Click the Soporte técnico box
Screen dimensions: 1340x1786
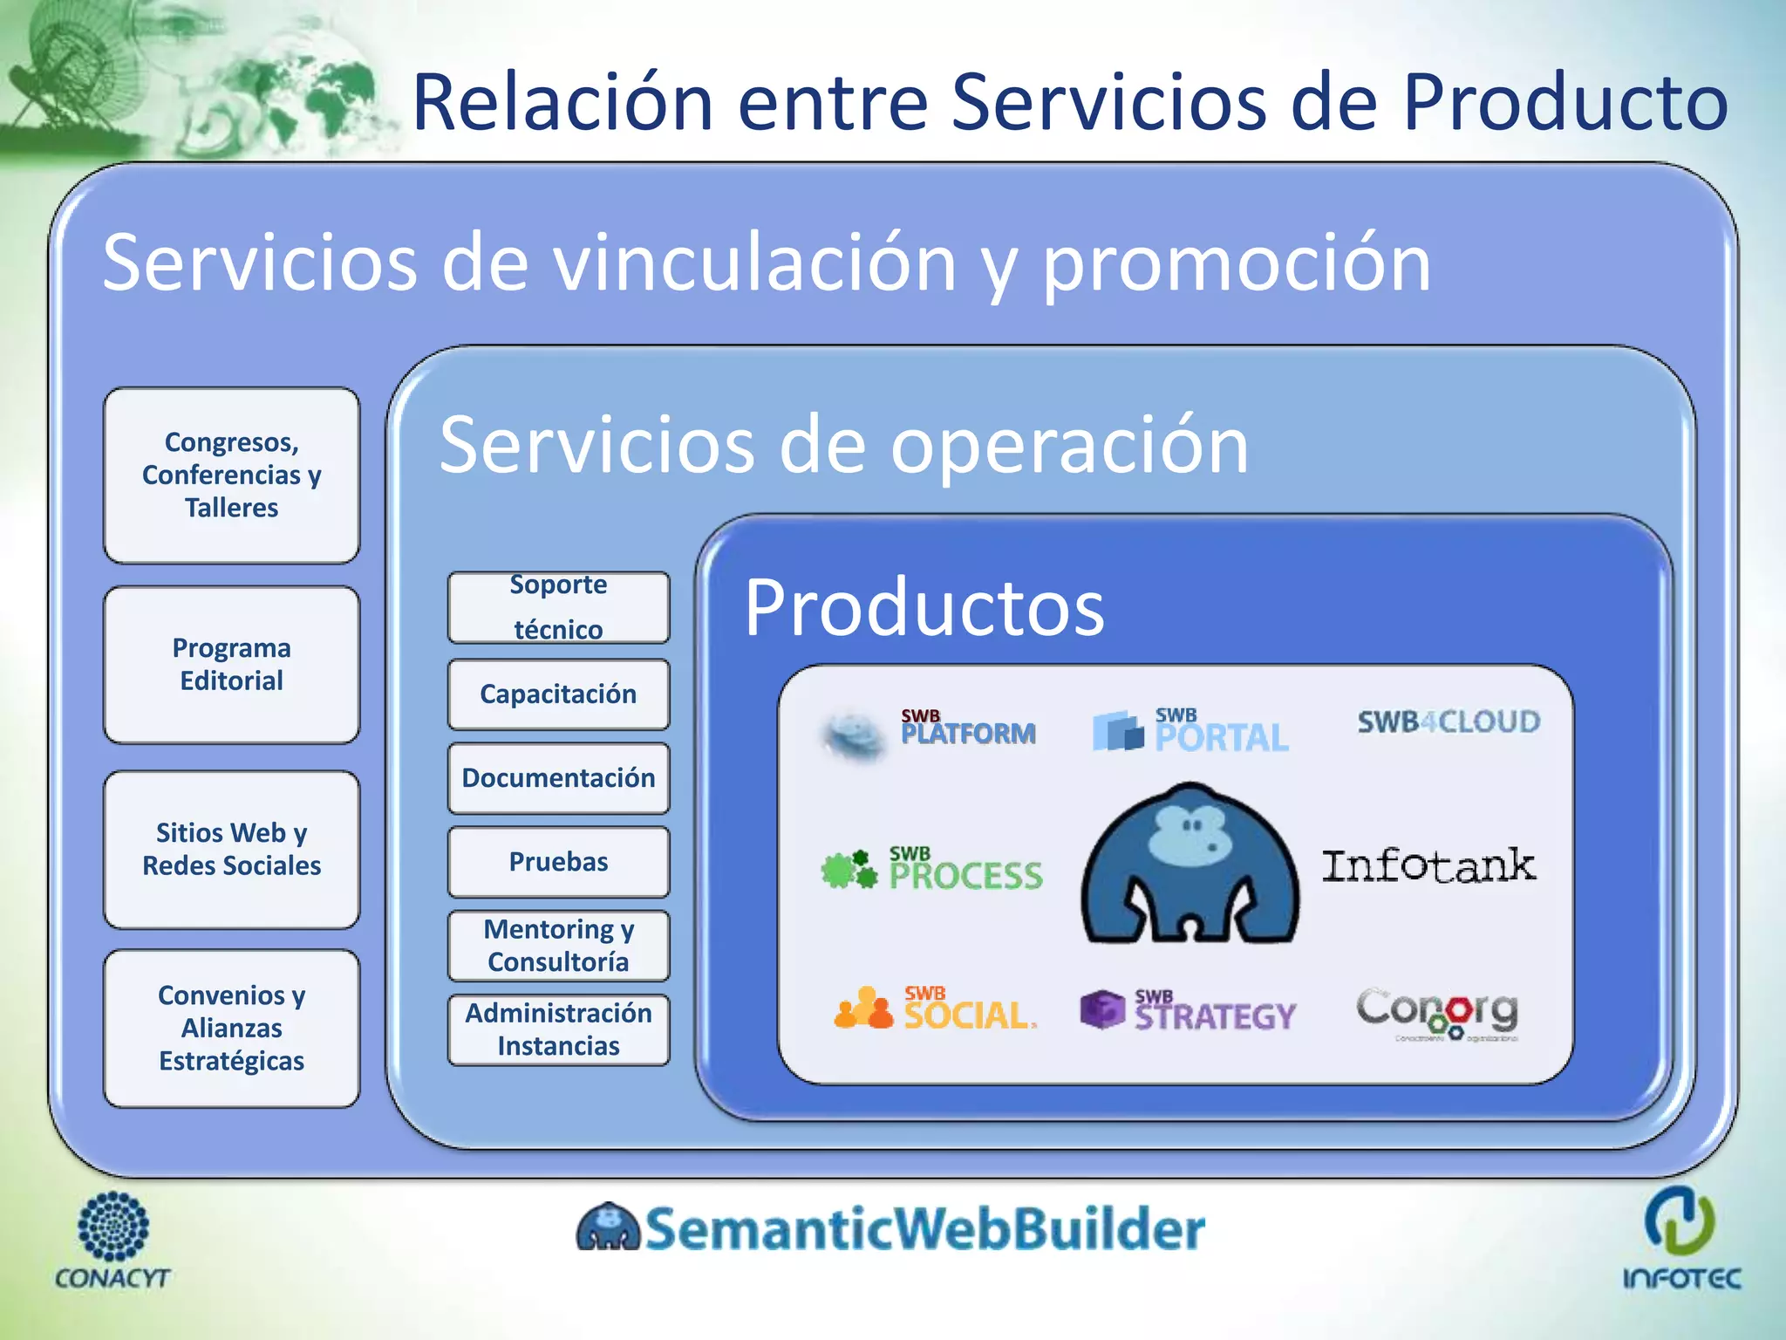click(x=558, y=607)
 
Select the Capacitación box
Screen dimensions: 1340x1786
click(x=558, y=694)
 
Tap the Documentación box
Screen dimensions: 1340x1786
click(x=558, y=778)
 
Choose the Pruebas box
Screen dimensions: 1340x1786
click(x=558, y=862)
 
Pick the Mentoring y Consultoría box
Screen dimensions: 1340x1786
click(x=558, y=946)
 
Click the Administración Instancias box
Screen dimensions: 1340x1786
click(x=558, y=1029)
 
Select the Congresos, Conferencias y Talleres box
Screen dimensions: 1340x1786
click(x=231, y=475)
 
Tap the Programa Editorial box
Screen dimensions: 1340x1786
click(x=231, y=665)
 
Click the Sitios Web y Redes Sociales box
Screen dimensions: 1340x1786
click(x=231, y=849)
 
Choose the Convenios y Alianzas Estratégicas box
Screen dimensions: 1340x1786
click(x=231, y=1028)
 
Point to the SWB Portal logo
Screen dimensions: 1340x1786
click(x=1191, y=731)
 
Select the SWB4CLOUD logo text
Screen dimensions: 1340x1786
click(x=1449, y=722)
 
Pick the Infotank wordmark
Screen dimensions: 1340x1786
click(x=1428, y=866)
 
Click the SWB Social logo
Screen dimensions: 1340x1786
click(x=936, y=1009)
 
